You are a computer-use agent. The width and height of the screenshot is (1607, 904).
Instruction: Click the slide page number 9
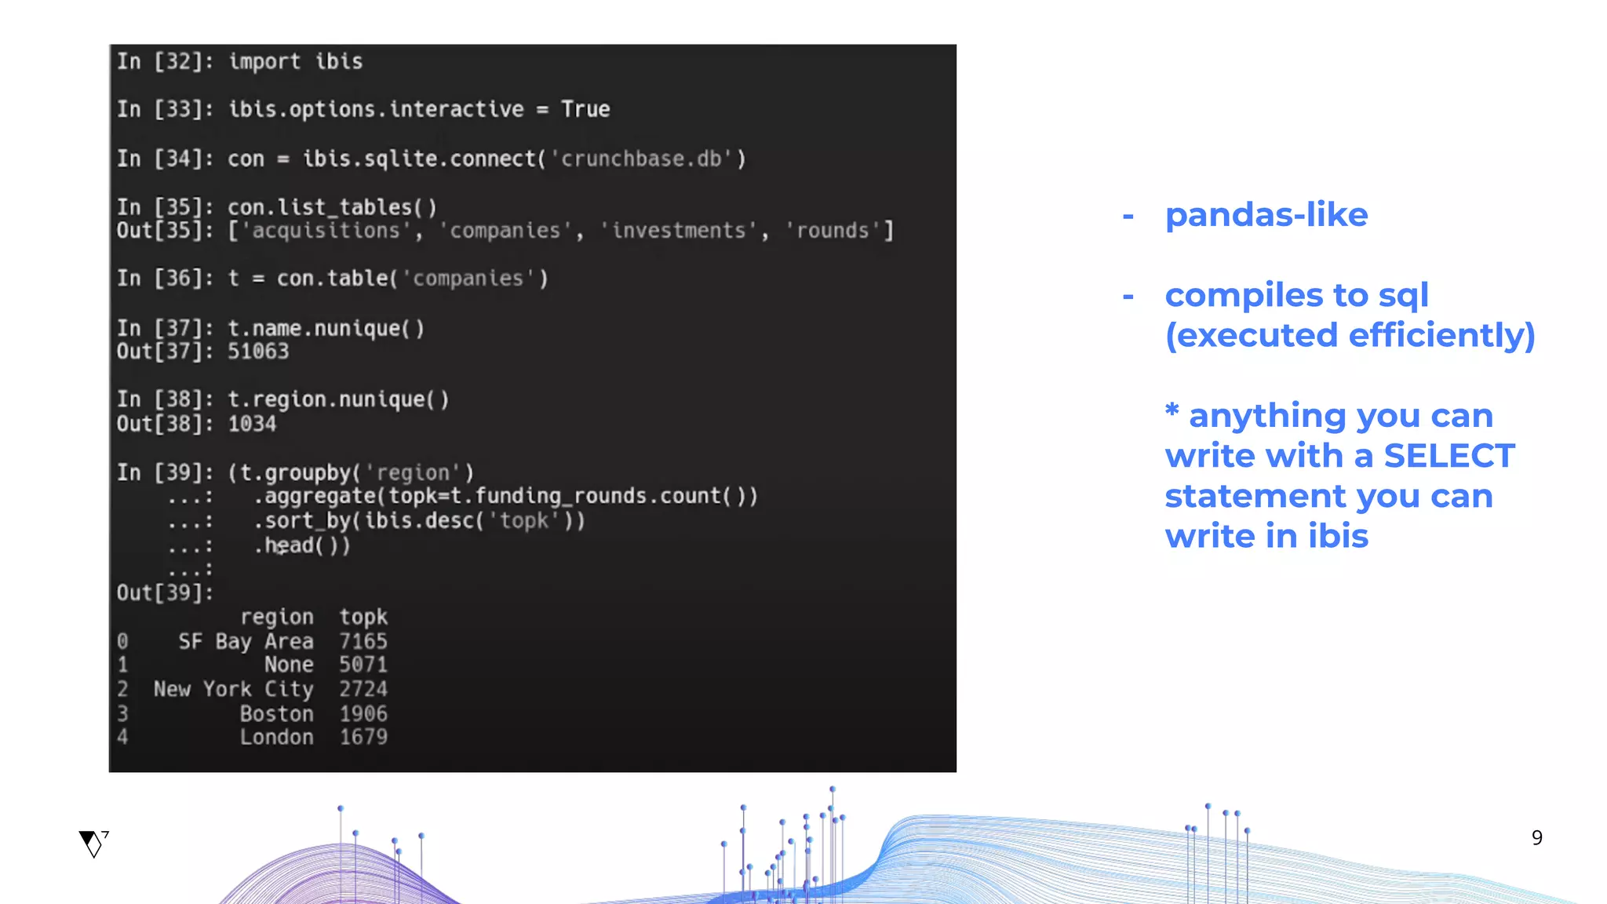tap(1536, 837)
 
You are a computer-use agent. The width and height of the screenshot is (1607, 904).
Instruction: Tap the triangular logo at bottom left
tap(93, 844)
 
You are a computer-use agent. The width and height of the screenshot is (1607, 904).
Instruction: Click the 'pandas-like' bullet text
tap(1266, 215)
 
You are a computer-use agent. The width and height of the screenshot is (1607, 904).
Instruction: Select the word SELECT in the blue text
tap(1448, 456)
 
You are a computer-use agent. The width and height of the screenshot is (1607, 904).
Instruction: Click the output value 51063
tap(258, 352)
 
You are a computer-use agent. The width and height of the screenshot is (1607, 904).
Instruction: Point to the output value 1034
tap(252, 424)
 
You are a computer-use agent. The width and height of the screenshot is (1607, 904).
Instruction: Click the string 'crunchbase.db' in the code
tap(641, 159)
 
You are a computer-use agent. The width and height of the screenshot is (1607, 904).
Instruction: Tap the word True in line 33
tap(585, 109)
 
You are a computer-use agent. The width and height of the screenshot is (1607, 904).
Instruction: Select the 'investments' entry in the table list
tap(679, 231)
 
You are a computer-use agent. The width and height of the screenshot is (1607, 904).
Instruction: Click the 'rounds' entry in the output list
tap(833, 231)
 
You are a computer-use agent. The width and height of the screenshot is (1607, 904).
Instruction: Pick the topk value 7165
tap(363, 641)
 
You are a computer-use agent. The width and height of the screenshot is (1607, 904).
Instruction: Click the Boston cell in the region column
tap(276, 713)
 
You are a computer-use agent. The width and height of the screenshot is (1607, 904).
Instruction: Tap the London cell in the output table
tap(276, 737)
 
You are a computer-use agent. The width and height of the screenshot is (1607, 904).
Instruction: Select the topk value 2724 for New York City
tap(363, 689)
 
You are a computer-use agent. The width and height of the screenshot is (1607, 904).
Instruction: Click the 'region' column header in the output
tap(276, 617)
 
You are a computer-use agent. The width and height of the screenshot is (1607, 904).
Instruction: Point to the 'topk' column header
tap(363, 617)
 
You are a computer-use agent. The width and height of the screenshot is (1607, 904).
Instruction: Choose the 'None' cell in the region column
tap(289, 665)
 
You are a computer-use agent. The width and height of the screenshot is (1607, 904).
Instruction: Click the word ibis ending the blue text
tap(1338, 537)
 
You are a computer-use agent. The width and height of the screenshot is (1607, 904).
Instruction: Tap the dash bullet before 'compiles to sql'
tap(1128, 296)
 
